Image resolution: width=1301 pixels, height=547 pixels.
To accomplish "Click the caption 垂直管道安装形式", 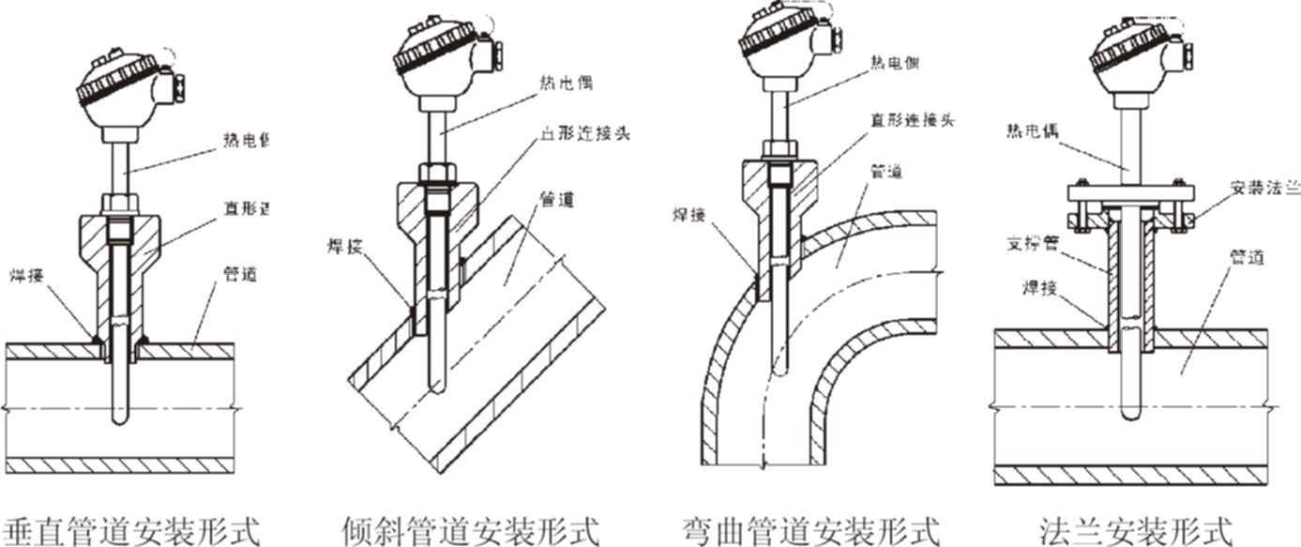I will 131,529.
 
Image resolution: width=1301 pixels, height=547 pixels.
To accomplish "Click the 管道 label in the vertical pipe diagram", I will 239,275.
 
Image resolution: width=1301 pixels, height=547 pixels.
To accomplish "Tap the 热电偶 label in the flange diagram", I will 1032,131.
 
